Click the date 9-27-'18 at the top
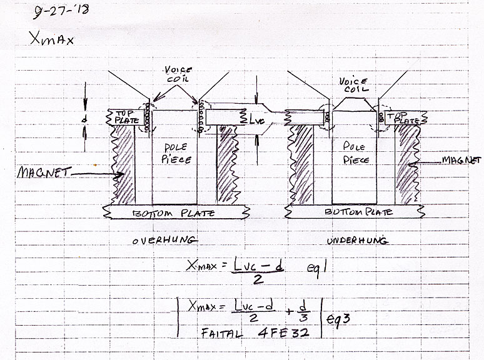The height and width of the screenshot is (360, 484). (61, 11)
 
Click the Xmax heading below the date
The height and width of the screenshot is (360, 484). (51, 39)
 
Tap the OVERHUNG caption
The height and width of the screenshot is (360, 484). (164, 240)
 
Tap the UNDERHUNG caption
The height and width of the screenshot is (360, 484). (357, 240)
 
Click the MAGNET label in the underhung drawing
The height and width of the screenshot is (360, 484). (461, 160)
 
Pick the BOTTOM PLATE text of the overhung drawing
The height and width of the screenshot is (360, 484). (173, 214)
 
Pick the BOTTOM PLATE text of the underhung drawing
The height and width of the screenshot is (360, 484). (358, 212)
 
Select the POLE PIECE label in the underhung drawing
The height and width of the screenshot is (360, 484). (356, 152)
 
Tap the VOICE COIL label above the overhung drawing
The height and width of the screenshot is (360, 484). (178, 74)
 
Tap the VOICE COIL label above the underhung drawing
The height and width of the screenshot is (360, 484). (353, 85)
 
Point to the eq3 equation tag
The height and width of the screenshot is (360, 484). (338, 318)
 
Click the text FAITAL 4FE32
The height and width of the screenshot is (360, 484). (255, 333)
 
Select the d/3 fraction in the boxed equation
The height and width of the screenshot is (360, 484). (303, 312)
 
